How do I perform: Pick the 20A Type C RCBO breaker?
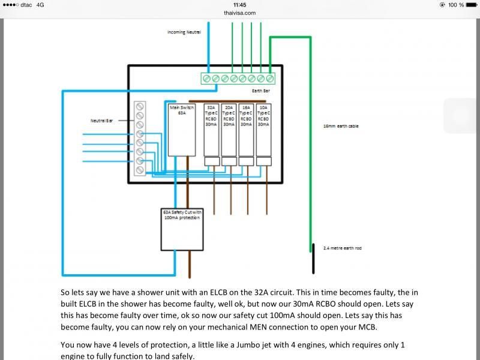tap(229, 129)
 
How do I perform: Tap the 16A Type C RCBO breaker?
tap(246, 129)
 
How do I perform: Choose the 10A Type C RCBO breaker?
tap(263, 129)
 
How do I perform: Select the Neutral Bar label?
tap(101, 121)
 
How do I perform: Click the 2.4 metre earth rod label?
tap(342, 248)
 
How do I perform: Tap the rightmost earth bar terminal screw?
tap(270, 79)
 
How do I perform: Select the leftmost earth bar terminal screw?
tap(207, 79)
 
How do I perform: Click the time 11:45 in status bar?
tap(240, 4)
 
